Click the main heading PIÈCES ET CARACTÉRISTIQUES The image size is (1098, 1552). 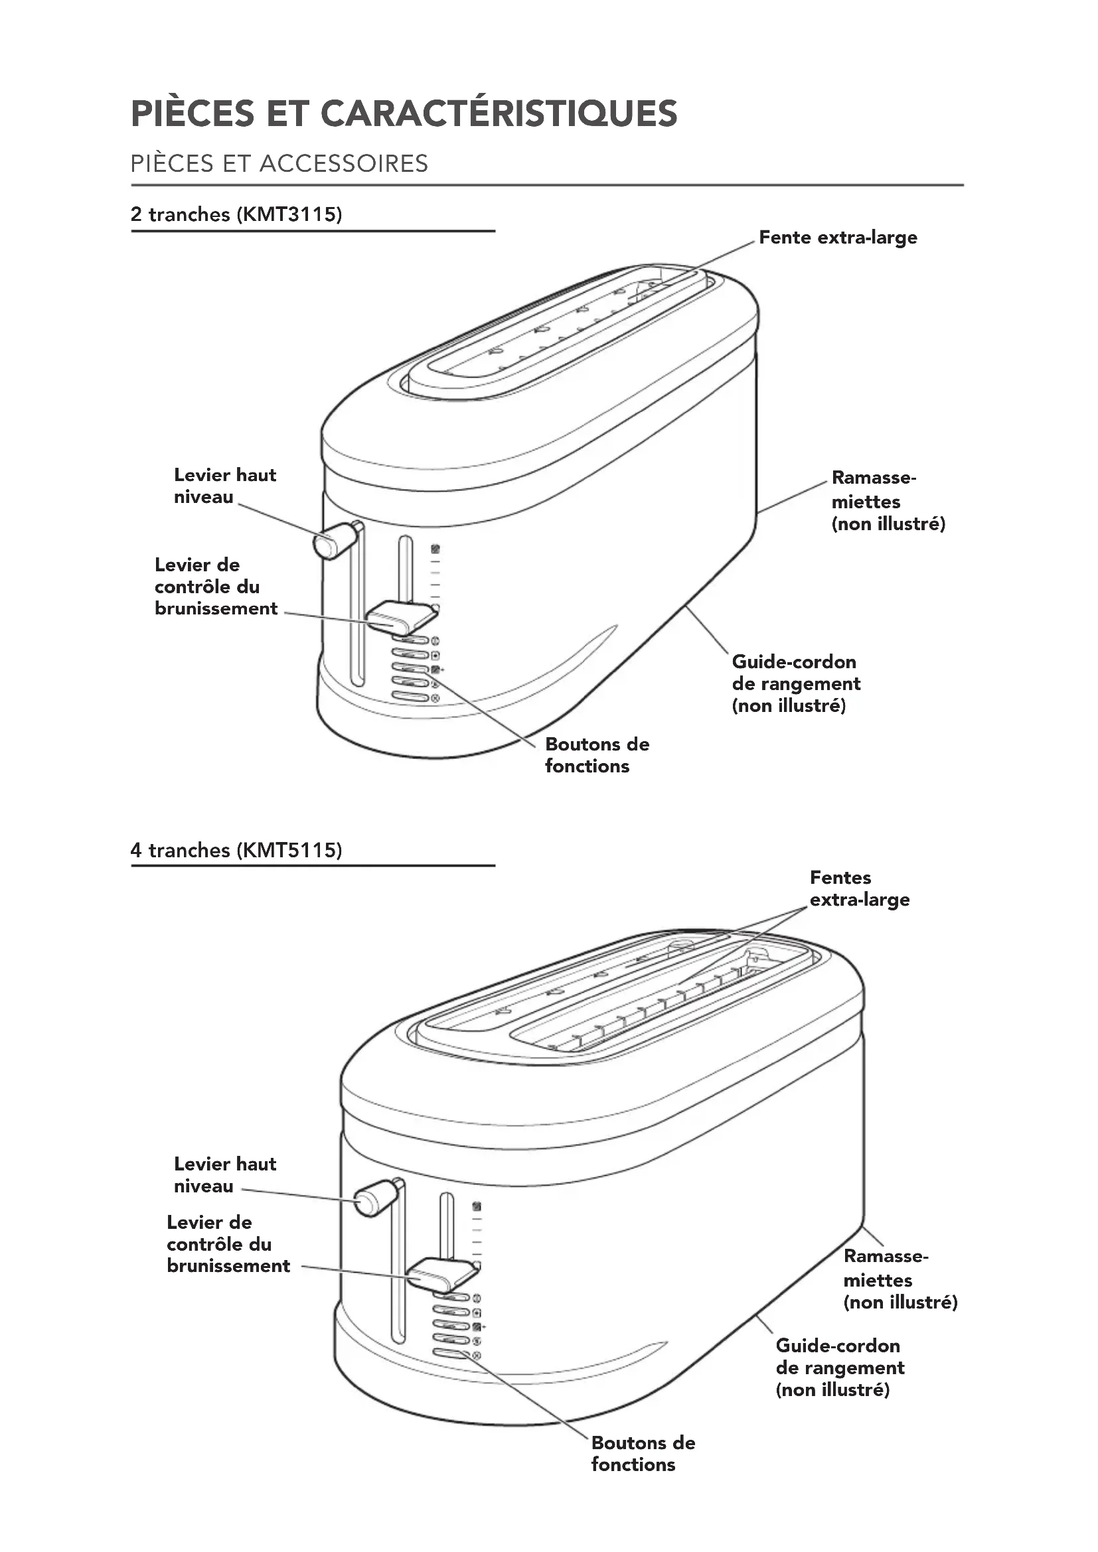coord(404,113)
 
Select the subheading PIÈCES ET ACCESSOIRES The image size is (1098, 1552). coord(279,164)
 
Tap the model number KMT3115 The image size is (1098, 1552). coord(289,214)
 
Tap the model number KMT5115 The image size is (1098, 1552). coord(289,850)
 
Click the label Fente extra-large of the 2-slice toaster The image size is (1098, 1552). coord(838,238)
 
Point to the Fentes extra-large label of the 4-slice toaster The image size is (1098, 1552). coord(859,888)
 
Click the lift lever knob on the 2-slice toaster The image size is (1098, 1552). coord(334,540)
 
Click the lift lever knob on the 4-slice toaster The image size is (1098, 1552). coord(374,1198)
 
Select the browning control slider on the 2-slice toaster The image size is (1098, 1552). coord(400,617)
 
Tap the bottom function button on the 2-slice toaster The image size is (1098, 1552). coord(410,697)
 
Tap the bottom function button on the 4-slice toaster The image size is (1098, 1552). coord(451,1354)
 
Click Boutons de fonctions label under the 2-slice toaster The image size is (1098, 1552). coord(596,755)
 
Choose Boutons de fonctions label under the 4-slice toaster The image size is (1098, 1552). coord(643,1453)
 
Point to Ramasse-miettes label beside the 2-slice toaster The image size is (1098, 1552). coord(887,501)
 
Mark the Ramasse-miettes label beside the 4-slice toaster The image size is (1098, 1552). coord(900,1279)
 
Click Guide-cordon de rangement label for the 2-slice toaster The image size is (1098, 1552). coord(796,683)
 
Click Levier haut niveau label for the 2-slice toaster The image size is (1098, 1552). coord(224,485)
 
